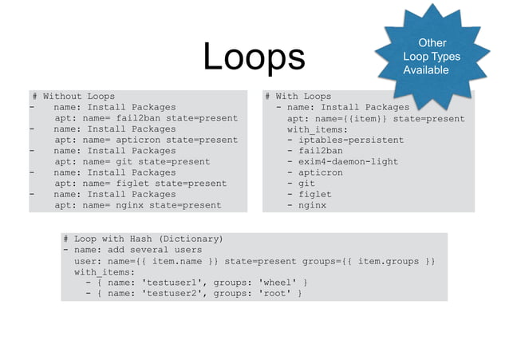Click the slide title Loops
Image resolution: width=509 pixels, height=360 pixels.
(253, 56)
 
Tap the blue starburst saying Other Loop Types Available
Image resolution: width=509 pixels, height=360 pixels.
(432, 57)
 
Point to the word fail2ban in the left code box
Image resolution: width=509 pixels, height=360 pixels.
(137, 118)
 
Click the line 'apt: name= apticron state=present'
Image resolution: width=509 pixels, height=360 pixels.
(145, 140)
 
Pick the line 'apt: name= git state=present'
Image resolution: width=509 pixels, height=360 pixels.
(132, 161)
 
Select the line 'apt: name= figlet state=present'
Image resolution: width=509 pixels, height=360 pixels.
(140, 183)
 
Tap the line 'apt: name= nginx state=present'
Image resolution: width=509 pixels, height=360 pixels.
(137, 205)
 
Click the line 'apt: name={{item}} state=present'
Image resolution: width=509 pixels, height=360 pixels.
(375, 118)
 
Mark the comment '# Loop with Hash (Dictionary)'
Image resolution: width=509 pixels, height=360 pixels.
(144, 239)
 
